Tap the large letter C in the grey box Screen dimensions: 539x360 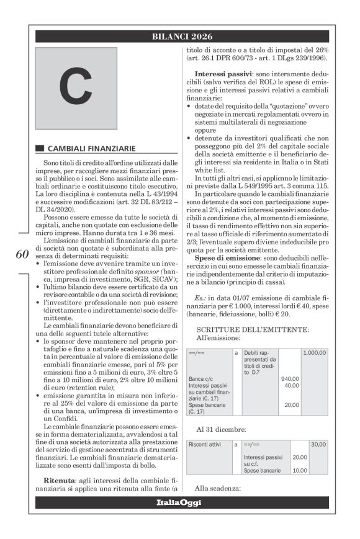(x=74, y=89)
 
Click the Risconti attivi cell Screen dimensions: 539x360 (x=206, y=444)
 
